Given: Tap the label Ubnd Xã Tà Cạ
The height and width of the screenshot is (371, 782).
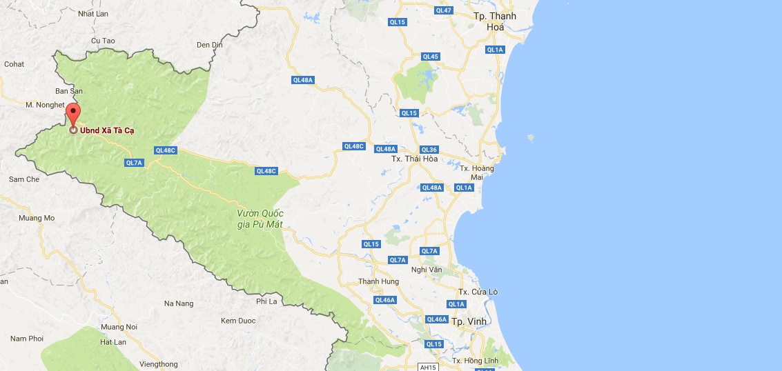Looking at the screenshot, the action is coord(107,130).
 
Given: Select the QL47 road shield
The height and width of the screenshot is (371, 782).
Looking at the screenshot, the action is coord(444,10).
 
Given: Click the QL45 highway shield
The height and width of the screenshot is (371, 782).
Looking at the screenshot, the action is coord(430,57).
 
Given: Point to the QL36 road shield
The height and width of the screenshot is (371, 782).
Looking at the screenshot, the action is coord(429,150).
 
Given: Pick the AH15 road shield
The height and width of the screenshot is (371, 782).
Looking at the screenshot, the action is coord(428,367).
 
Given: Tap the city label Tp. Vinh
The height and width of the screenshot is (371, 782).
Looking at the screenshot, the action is coord(469,321).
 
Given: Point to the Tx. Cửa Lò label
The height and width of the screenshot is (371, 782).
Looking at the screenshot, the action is coord(479,292).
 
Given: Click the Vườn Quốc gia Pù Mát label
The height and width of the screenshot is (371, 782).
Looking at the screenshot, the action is coord(261,219).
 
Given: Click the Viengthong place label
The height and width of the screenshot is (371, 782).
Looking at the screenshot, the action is coord(158,364).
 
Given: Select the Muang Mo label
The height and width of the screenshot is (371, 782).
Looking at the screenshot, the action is coord(37,218).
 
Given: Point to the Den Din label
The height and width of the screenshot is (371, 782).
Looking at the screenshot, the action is coord(210,45).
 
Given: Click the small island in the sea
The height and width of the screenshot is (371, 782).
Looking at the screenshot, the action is coord(530,138).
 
